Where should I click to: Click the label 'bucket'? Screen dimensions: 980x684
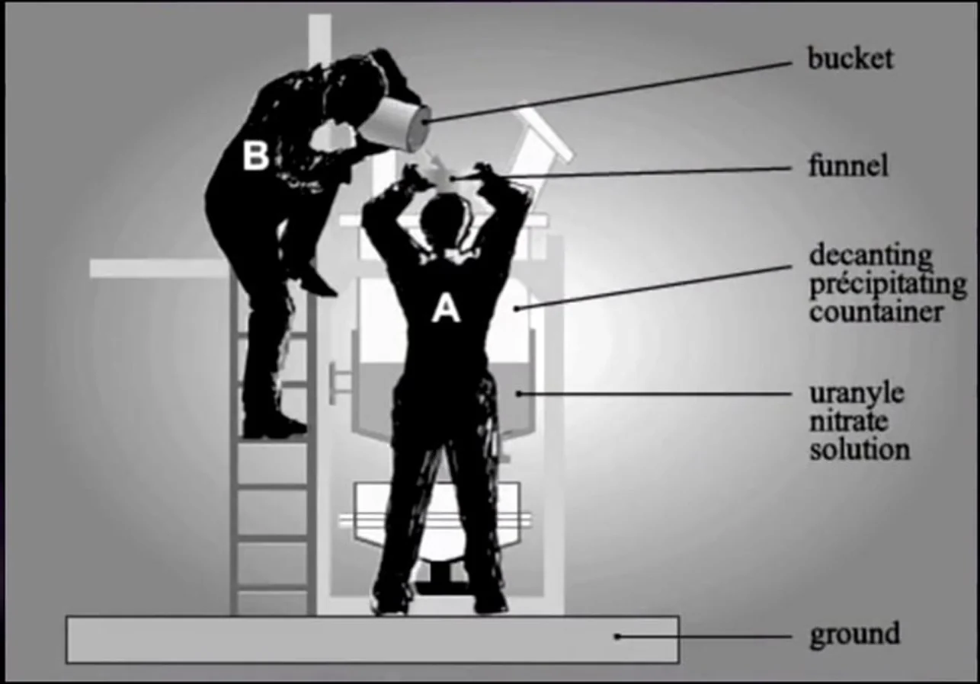coord(850,59)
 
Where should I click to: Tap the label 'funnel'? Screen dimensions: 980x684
coord(848,166)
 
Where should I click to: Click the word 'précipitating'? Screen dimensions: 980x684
coord(888,285)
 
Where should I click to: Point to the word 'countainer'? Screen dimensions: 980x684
coord(876,312)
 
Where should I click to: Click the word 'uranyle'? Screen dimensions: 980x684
coord(857,395)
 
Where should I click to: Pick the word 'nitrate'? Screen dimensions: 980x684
coord(848,420)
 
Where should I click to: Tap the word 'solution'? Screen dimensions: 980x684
coord(860,449)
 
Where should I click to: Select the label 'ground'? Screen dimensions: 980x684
coord(855,635)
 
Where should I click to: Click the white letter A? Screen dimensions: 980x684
coord(446,308)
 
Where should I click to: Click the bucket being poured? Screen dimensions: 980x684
coord(395,124)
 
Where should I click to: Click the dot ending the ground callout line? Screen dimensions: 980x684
coord(617,637)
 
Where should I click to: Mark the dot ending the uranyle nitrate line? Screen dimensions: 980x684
coord(519,394)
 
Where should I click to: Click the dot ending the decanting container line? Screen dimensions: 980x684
coord(516,308)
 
